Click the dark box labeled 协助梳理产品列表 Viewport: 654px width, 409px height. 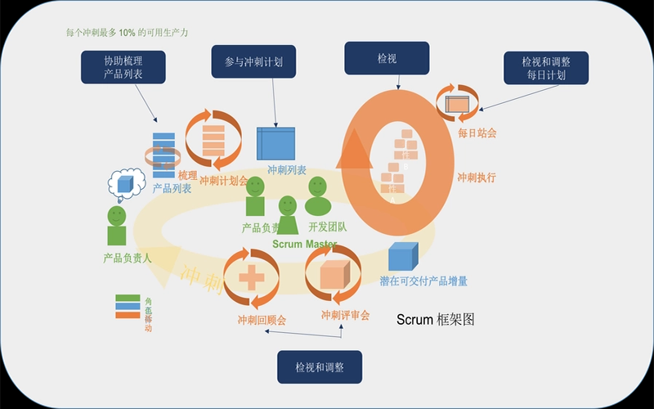123,67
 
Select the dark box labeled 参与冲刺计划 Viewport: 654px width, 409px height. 253,61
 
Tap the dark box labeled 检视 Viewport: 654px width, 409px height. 386,59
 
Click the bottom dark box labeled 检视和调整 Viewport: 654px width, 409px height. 319,367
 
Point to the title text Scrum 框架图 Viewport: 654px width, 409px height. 435,319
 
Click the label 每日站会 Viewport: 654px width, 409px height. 477,132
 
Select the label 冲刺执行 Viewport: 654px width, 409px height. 476,178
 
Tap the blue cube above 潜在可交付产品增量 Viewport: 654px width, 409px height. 403,257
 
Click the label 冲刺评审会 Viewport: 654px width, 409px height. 345,315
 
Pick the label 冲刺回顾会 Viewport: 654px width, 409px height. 262,320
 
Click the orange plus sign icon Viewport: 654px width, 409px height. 251,279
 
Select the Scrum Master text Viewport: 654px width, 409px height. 304,245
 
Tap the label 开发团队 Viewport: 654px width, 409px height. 327,227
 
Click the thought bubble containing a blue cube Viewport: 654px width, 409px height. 125,184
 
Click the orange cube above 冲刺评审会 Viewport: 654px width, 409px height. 336,275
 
